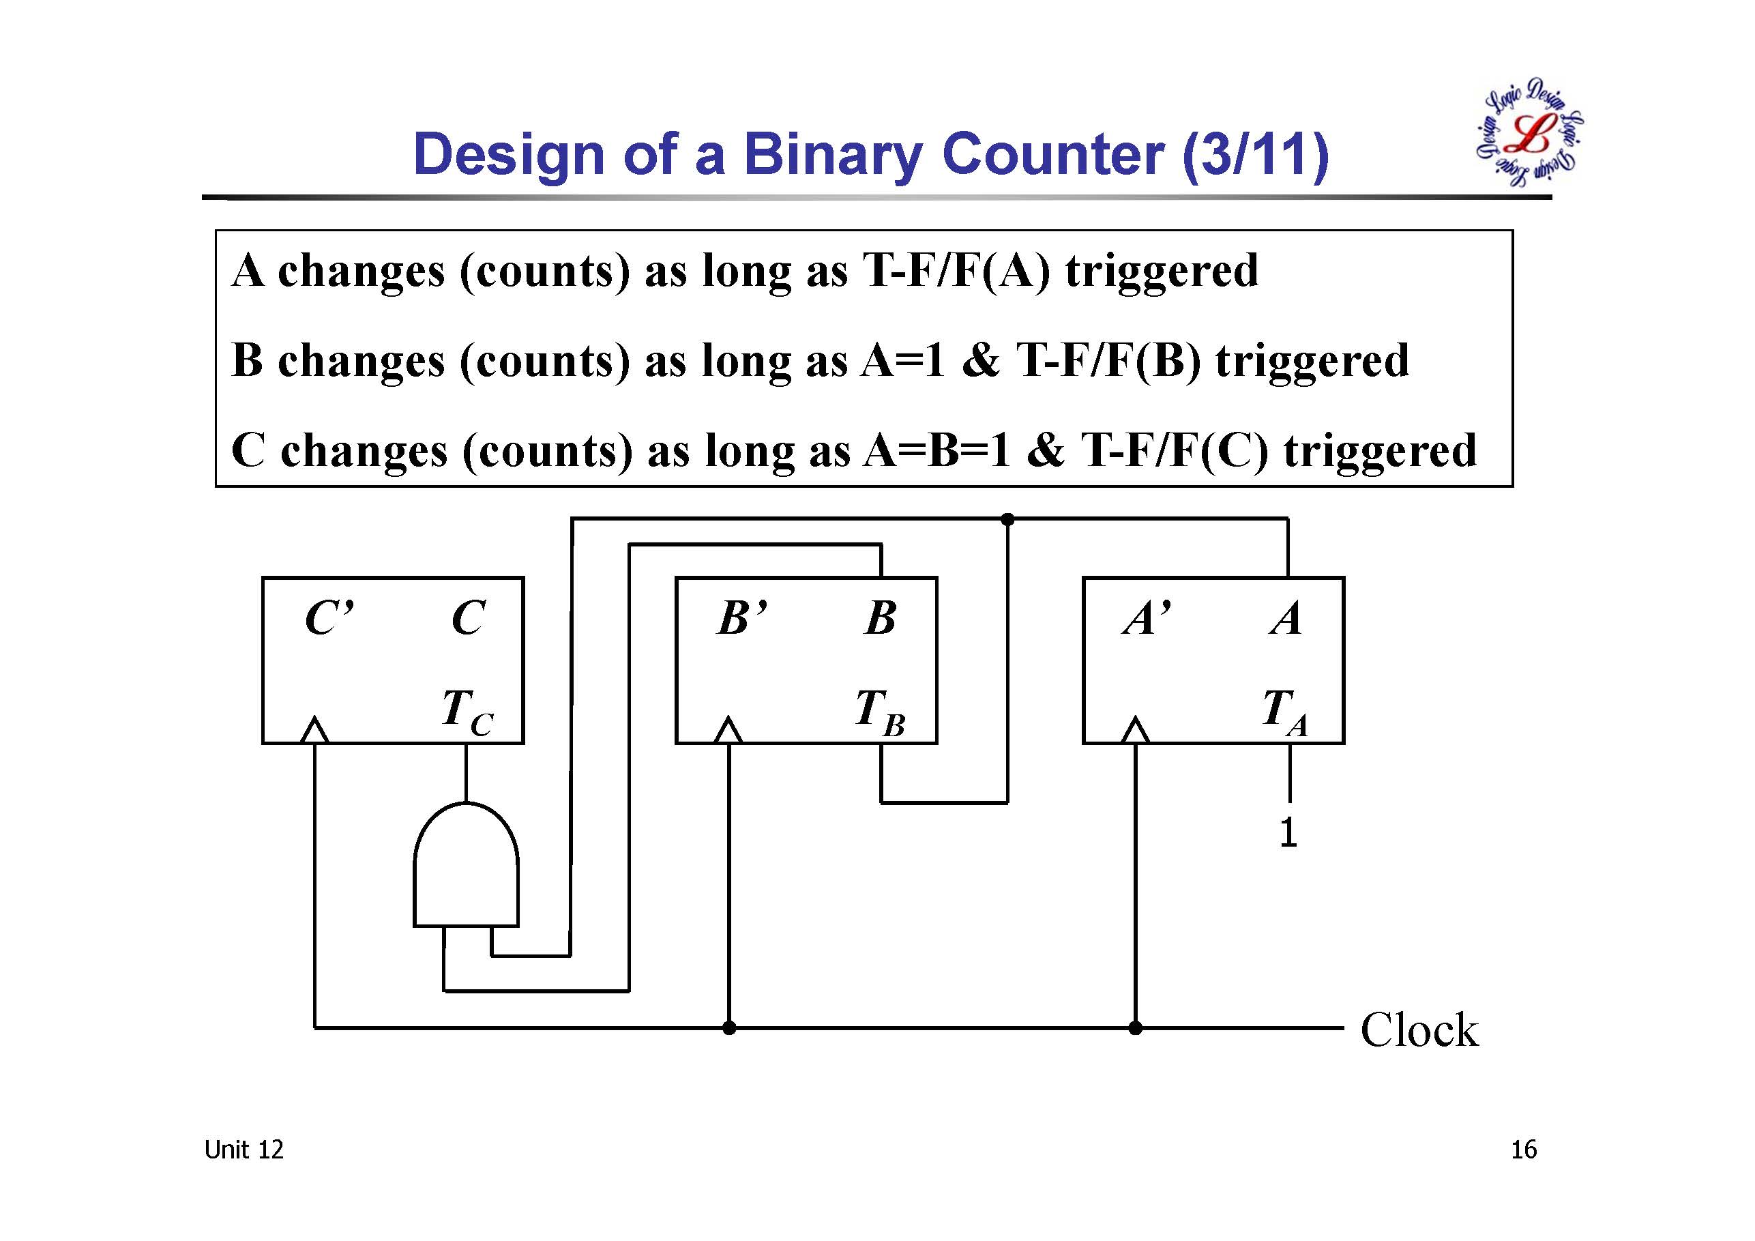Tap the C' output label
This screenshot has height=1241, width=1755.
[x=329, y=618]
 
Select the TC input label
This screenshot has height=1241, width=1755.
[x=467, y=711]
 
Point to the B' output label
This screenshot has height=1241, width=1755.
[x=742, y=618]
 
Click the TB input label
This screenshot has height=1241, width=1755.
[x=880, y=711]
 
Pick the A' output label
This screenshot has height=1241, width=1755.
[x=1147, y=618]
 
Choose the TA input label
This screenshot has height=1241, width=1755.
[x=1286, y=711]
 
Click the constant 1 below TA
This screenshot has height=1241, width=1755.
[x=1288, y=832]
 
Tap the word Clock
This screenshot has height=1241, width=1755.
[x=1419, y=1030]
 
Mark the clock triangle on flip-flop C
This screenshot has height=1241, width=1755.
[x=314, y=730]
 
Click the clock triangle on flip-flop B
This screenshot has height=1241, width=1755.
[x=728, y=730]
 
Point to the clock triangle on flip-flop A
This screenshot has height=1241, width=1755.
[x=1135, y=730]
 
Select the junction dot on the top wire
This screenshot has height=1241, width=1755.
[x=1007, y=520]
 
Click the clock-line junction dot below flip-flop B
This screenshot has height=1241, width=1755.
[x=729, y=1028]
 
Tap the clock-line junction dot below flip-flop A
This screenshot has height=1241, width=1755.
[x=1135, y=1028]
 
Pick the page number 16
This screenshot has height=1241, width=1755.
[x=1523, y=1150]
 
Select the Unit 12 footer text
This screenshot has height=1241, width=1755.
[x=244, y=1150]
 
